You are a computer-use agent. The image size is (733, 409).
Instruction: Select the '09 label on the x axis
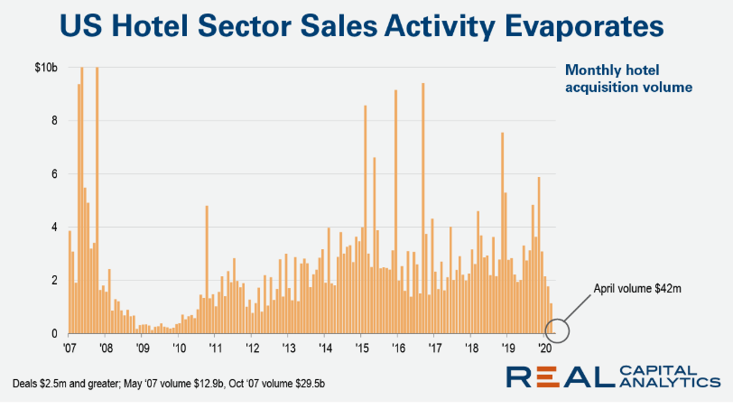click(x=142, y=348)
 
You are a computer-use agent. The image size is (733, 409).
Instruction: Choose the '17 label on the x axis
click(x=434, y=348)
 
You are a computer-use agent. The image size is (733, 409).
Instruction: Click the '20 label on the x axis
click(x=544, y=348)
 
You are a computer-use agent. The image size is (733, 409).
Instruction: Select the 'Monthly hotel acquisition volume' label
click(x=616, y=79)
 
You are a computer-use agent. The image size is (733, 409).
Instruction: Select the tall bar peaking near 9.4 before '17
click(x=422, y=208)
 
